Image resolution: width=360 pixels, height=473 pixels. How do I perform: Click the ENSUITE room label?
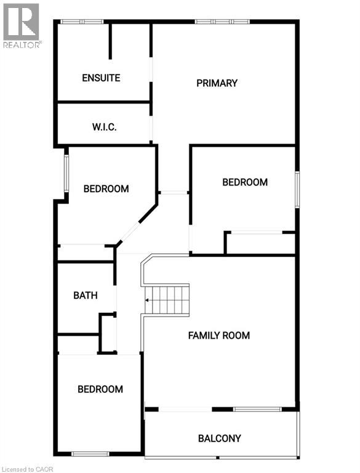[101, 78]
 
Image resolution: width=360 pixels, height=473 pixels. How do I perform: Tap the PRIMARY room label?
[217, 83]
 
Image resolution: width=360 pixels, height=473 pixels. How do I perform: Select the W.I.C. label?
[105, 127]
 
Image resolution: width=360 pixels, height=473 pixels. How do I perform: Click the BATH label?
[86, 295]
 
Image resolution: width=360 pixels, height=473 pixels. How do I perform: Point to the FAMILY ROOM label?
[219, 336]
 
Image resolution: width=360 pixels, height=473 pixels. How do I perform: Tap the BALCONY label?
[220, 439]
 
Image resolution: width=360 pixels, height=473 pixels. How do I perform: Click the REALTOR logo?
[21, 26]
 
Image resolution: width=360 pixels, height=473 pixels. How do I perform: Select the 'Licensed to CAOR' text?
[27, 469]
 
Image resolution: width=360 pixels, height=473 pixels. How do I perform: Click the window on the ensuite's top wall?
[82, 22]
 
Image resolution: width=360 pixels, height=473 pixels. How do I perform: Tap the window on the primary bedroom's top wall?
[222, 22]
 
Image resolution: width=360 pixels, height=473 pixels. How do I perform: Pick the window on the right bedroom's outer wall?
[297, 190]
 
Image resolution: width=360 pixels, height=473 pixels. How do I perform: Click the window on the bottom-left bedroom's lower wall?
[90, 454]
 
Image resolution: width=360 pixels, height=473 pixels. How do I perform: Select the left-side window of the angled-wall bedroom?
[66, 174]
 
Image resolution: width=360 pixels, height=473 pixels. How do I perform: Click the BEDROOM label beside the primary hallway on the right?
[245, 182]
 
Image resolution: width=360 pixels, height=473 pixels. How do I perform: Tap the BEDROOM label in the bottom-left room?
[100, 389]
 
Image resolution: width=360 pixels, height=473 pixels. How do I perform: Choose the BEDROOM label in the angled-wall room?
[106, 189]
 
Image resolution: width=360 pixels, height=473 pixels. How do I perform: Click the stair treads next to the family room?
[167, 300]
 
